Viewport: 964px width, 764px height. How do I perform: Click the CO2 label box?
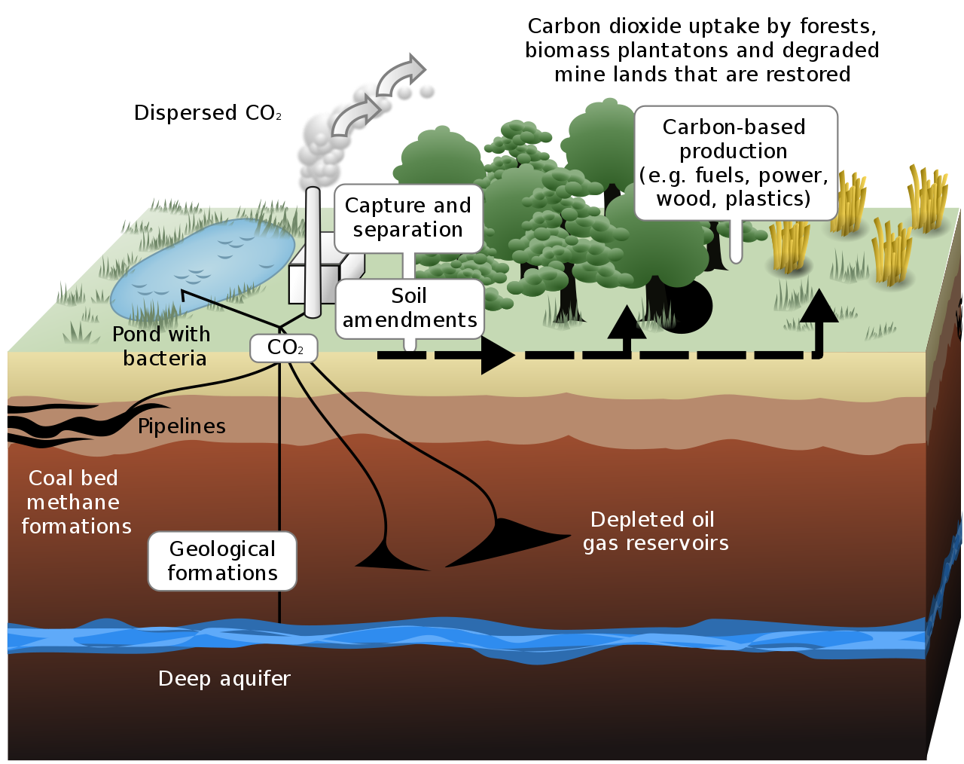284,348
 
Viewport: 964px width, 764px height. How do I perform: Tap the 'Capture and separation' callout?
407,218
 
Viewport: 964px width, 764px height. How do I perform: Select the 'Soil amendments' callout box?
410,308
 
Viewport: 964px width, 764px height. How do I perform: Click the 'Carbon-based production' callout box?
735,163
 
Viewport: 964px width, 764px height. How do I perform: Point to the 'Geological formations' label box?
222,561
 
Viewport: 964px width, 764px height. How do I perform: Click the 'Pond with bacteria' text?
162,346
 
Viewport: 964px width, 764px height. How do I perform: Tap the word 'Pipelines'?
182,426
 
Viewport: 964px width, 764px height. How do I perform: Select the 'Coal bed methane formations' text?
75,502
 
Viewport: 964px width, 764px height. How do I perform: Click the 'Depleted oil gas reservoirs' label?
655,531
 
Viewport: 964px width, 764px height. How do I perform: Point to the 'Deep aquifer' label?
224,679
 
